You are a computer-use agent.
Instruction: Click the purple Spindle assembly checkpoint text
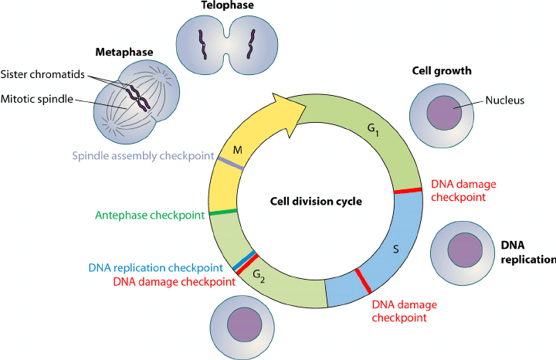[x=143, y=156]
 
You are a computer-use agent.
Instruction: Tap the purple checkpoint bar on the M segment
[x=231, y=162]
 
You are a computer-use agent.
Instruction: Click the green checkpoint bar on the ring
[x=222, y=212]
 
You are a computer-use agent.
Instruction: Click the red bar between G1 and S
[x=408, y=190]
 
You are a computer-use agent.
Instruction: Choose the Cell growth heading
[x=442, y=71]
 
